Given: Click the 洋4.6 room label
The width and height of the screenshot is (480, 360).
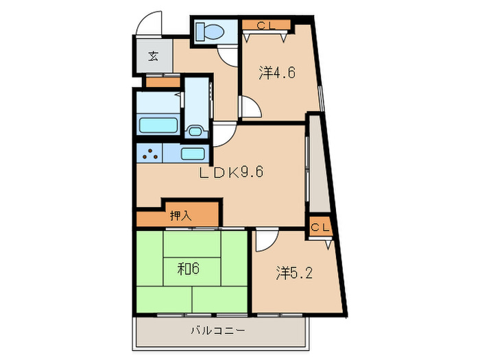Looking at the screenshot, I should pos(277,73).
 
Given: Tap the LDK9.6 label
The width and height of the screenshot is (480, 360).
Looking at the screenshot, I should pos(232,173).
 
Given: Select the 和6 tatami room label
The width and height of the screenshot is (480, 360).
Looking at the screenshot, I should pos(188,268).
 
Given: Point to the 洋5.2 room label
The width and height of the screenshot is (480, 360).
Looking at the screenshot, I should pos(295,274).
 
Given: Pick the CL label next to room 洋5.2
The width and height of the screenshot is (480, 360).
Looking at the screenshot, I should pos(320,227).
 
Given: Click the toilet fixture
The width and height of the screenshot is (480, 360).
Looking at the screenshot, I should pos(208,32).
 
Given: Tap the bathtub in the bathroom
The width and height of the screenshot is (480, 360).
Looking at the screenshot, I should pos(158,125).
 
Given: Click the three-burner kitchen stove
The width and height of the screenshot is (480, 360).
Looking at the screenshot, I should pos(150,154).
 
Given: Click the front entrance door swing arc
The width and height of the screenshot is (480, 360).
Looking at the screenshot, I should pos(150,23).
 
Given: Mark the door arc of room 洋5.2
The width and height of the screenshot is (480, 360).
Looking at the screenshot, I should pos(266,240).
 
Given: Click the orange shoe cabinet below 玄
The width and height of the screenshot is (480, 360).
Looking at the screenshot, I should pos(162,83).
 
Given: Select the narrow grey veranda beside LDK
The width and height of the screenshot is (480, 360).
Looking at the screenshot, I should pos(317,164).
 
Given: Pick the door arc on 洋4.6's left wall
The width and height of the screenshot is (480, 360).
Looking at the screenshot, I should pos(249,108).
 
